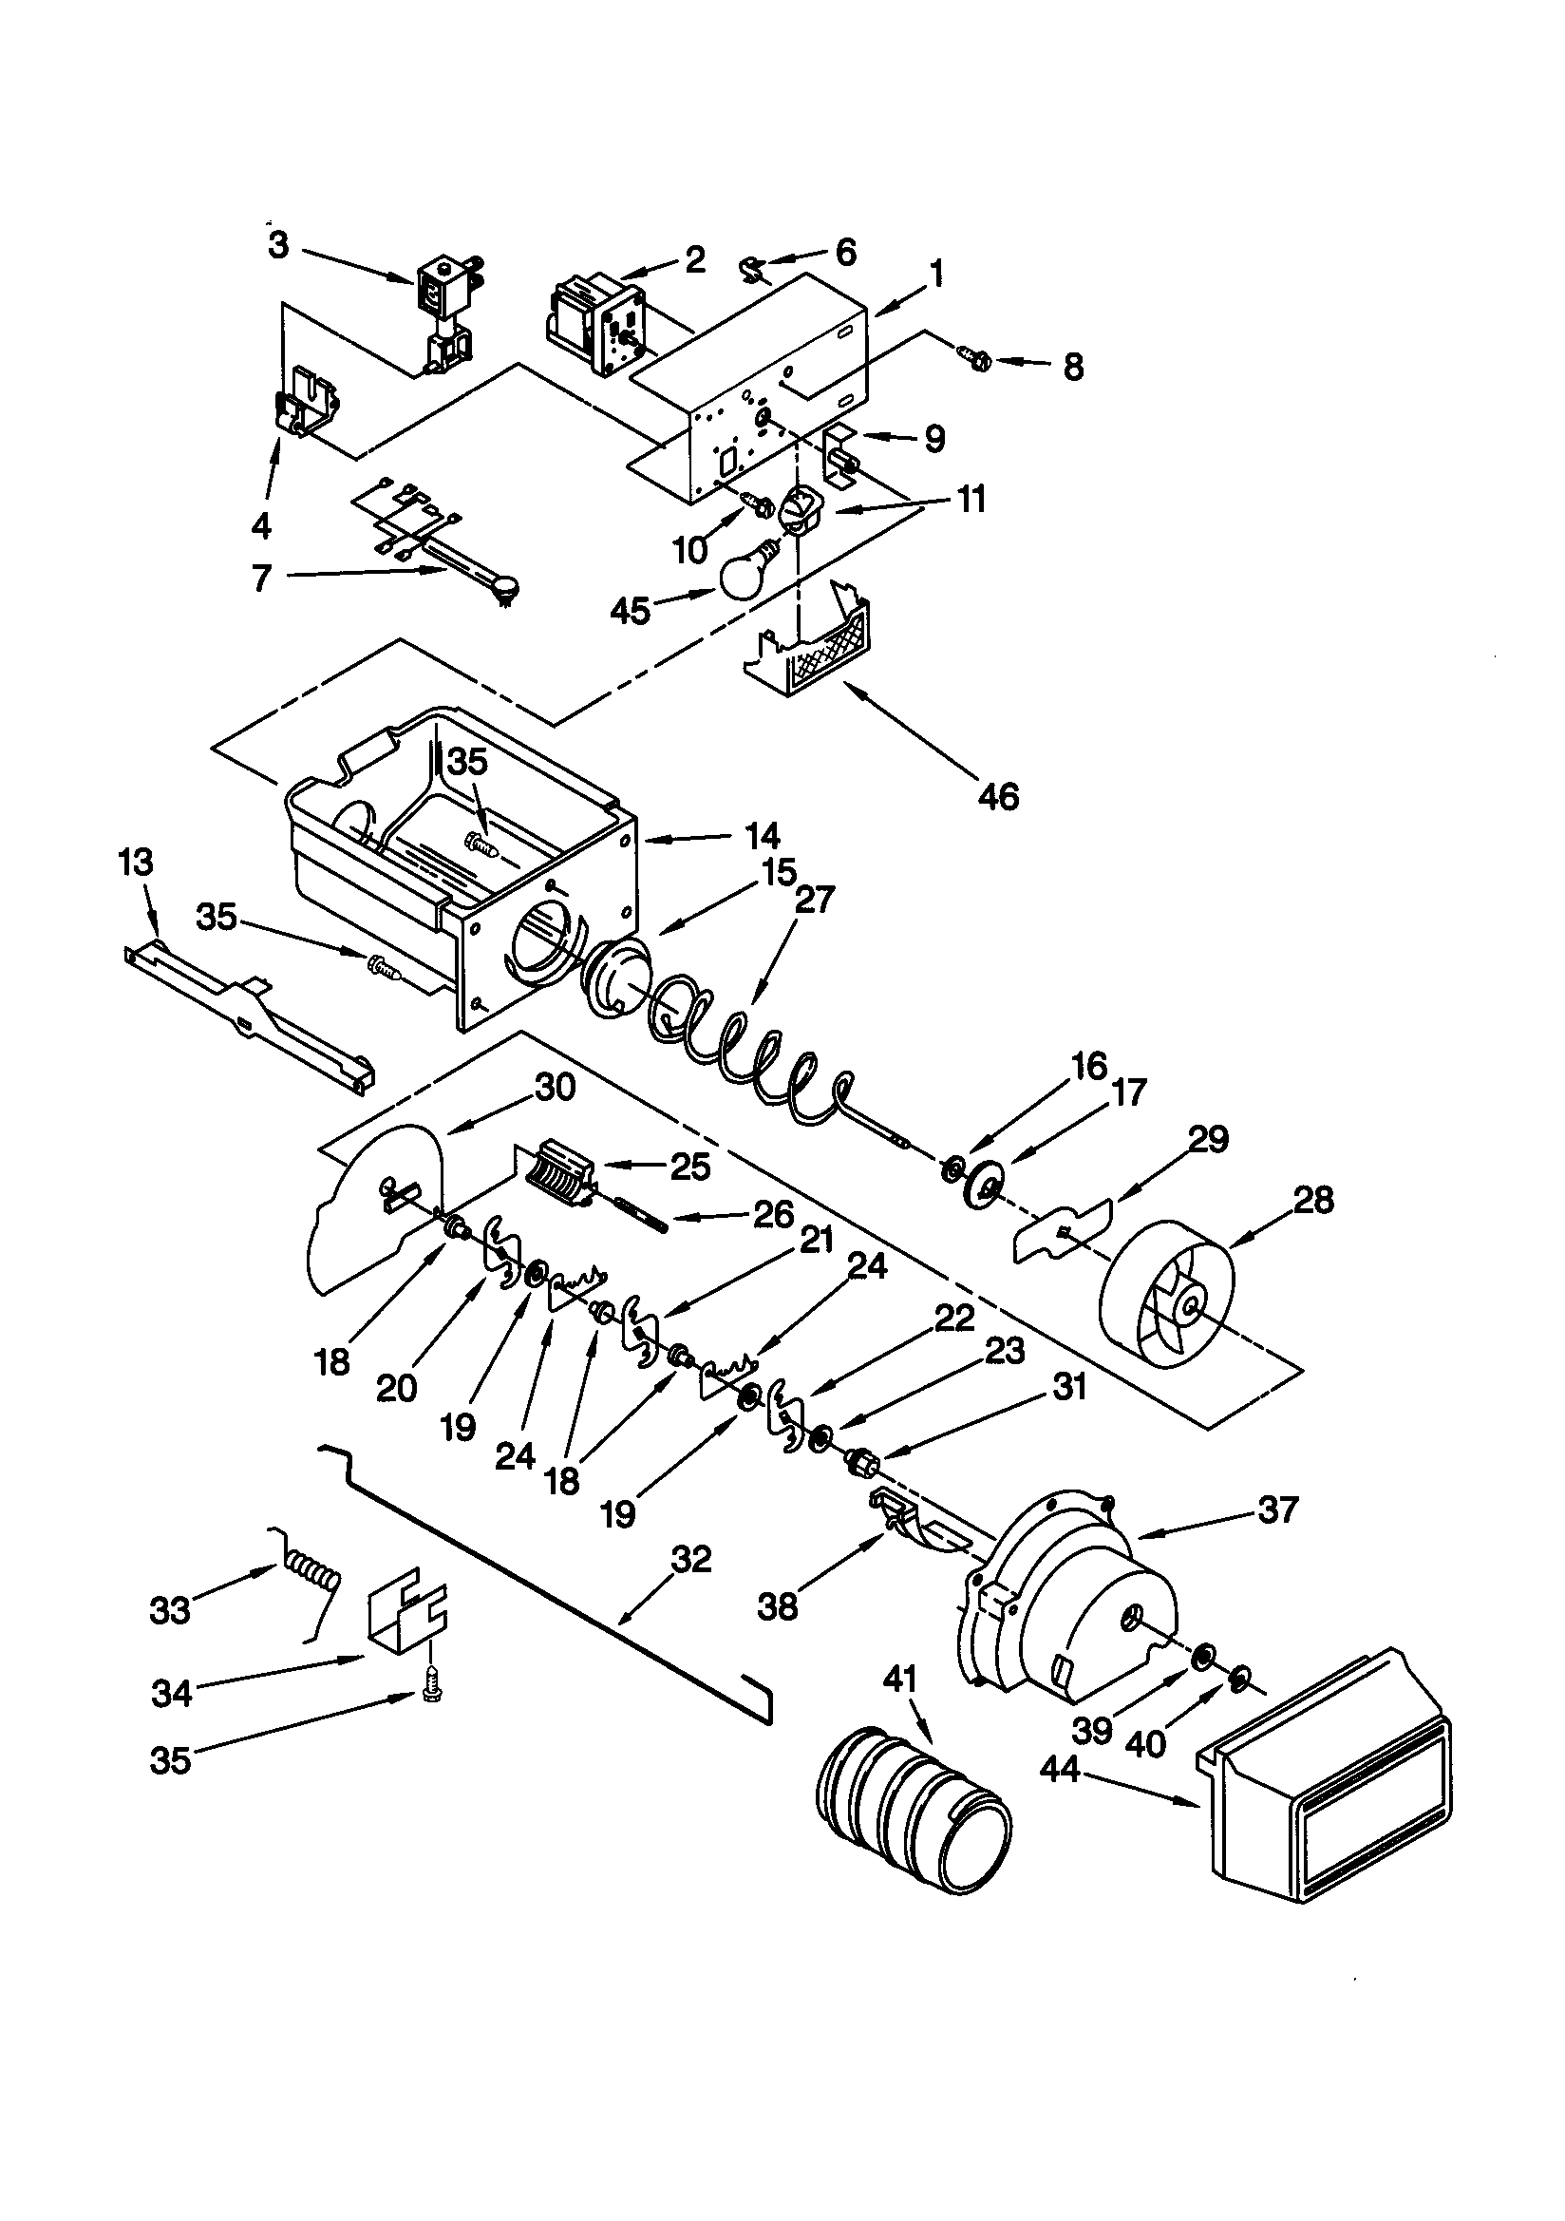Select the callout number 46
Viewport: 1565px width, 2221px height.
[998, 796]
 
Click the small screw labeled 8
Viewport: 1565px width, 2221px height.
[977, 361]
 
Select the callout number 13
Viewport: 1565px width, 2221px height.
[136, 861]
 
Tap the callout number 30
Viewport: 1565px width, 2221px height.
[556, 1089]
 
